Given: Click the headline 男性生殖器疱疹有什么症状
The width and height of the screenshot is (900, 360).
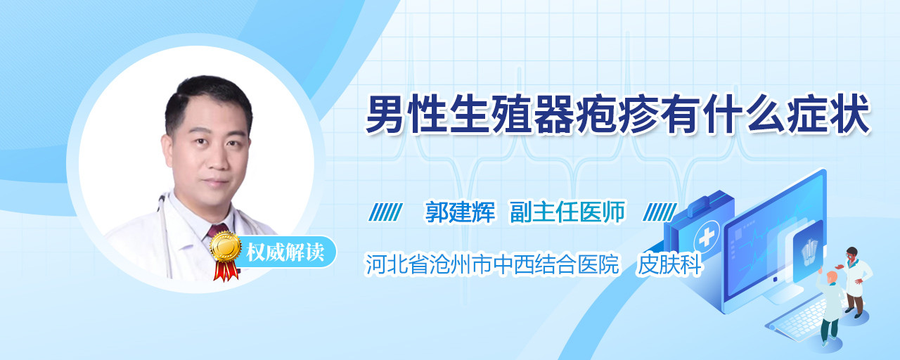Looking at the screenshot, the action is click(618, 115).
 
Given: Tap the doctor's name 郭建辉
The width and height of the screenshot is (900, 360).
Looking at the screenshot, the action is click(460, 212).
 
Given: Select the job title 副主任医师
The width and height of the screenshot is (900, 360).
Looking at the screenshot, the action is click(567, 212).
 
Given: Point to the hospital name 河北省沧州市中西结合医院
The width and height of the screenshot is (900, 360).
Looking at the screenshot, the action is click(491, 264).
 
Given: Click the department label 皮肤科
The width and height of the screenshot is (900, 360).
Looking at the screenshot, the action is click(669, 264).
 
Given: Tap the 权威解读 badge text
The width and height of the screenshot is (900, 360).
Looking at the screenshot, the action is click(285, 252).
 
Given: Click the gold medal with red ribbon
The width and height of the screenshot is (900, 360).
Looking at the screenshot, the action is click(226, 256).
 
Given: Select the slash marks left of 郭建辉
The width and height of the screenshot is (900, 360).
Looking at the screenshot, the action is click(385, 212).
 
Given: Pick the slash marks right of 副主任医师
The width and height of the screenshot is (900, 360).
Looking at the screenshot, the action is click(660, 212).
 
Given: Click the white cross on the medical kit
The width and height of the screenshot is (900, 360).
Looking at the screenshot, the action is click(707, 238).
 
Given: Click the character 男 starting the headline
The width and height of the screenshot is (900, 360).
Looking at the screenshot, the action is click(385, 115).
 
